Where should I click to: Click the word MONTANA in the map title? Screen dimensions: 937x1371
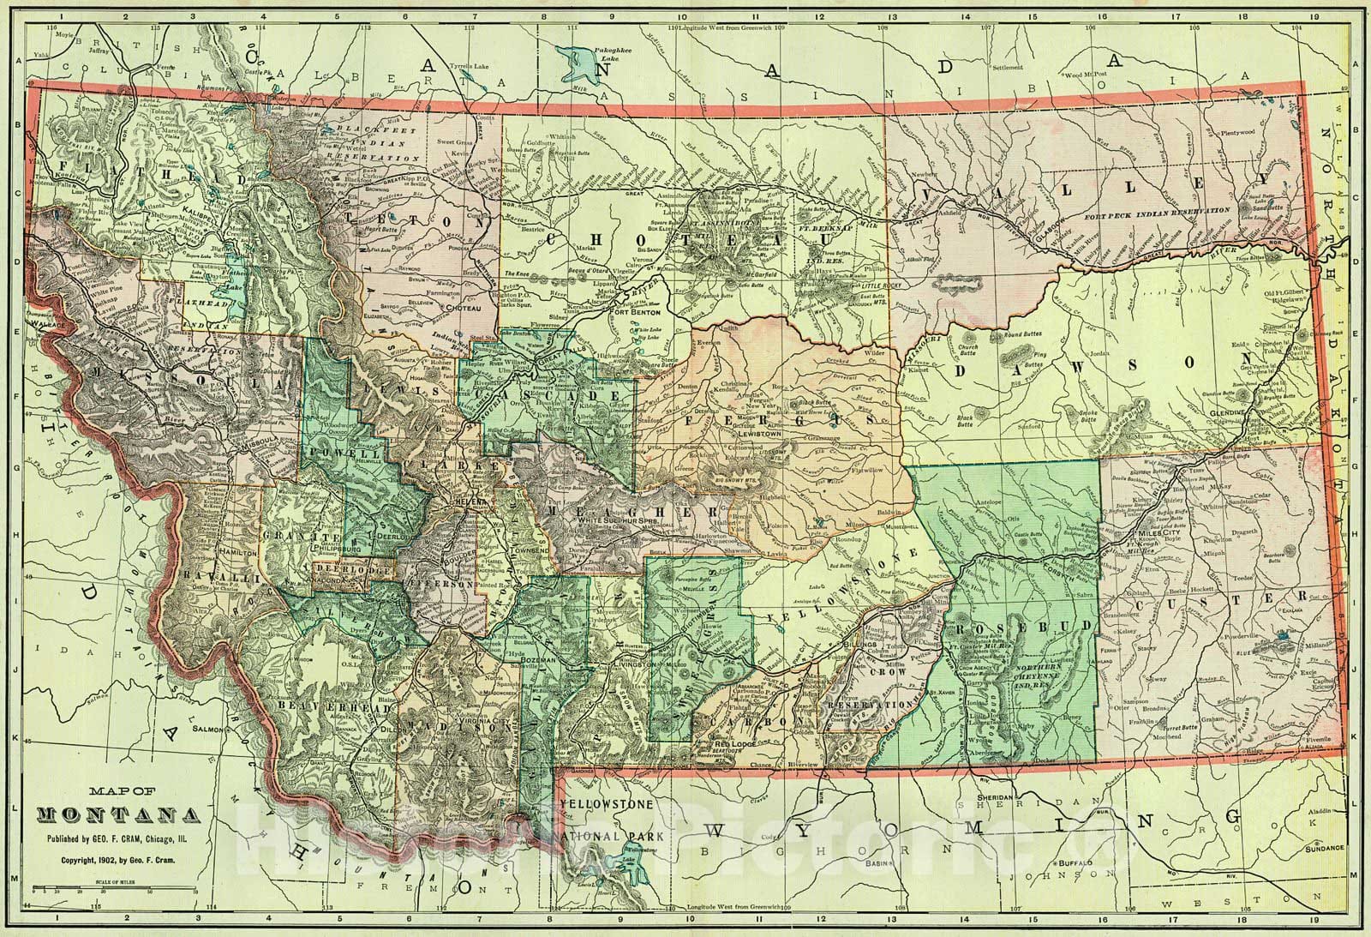pyautogui.click(x=119, y=814)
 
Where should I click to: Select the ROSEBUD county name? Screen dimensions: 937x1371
pyautogui.click(x=1025, y=629)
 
